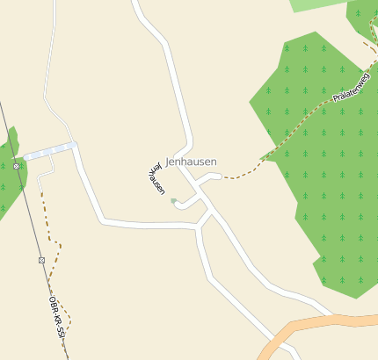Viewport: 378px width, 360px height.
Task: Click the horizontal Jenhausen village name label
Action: click(191, 162)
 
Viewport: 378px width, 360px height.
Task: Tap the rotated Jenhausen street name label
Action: click(155, 178)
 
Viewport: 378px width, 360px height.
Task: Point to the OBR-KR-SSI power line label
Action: click(58, 317)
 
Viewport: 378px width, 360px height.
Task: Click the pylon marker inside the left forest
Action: click(16, 166)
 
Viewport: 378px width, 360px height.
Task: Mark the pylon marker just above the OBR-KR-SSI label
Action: click(41, 260)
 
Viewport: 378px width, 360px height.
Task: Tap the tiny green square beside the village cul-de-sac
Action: click(173, 201)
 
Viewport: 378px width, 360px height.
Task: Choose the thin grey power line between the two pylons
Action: click(28, 211)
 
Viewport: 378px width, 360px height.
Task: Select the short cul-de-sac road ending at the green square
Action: click(186, 205)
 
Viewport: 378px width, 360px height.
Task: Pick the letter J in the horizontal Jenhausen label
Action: click(168, 162)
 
